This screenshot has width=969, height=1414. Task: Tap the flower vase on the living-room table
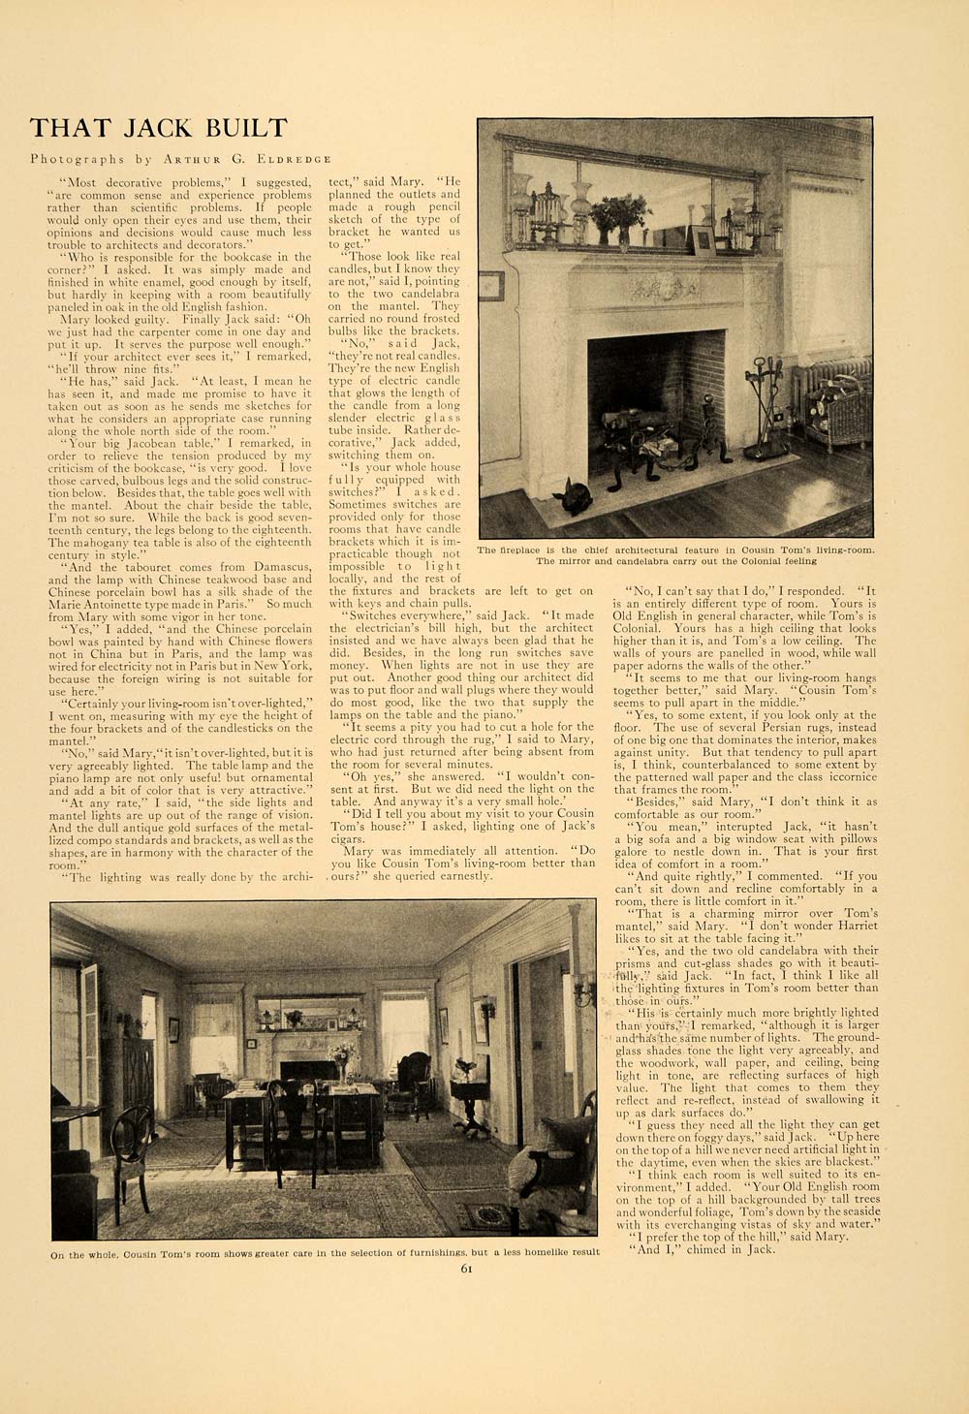coord(342,1061)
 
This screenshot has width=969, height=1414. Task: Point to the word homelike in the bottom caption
coord(498,1252)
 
